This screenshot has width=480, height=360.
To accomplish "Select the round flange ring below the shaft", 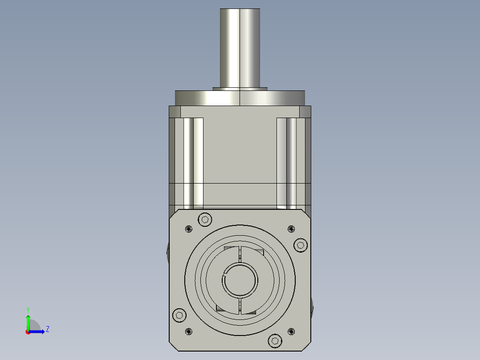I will pos(240,98).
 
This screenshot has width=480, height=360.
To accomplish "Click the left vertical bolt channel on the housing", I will pos(193,163).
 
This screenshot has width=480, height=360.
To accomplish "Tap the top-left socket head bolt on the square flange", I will pos(205,219).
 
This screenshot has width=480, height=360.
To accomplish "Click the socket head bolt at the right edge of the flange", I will pos(301,245).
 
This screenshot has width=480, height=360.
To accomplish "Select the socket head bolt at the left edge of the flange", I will pos(179,315).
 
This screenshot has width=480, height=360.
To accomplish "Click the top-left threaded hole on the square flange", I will pos(188,229).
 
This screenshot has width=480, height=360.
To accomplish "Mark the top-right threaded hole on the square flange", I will pos(291,229).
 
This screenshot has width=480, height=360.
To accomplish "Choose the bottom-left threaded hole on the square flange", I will pos(188,331).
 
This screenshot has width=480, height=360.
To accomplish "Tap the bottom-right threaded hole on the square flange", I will pos(291,331).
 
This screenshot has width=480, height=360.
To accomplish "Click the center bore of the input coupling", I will pos(240,280).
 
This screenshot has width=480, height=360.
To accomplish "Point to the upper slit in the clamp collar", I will pos(240,254).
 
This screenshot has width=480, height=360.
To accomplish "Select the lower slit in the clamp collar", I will pos(240,307).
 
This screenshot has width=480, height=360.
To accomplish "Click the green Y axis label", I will pos(28,309).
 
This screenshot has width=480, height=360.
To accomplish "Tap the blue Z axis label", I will pos(47,329).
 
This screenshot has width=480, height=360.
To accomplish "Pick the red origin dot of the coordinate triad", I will pos(28,332).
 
